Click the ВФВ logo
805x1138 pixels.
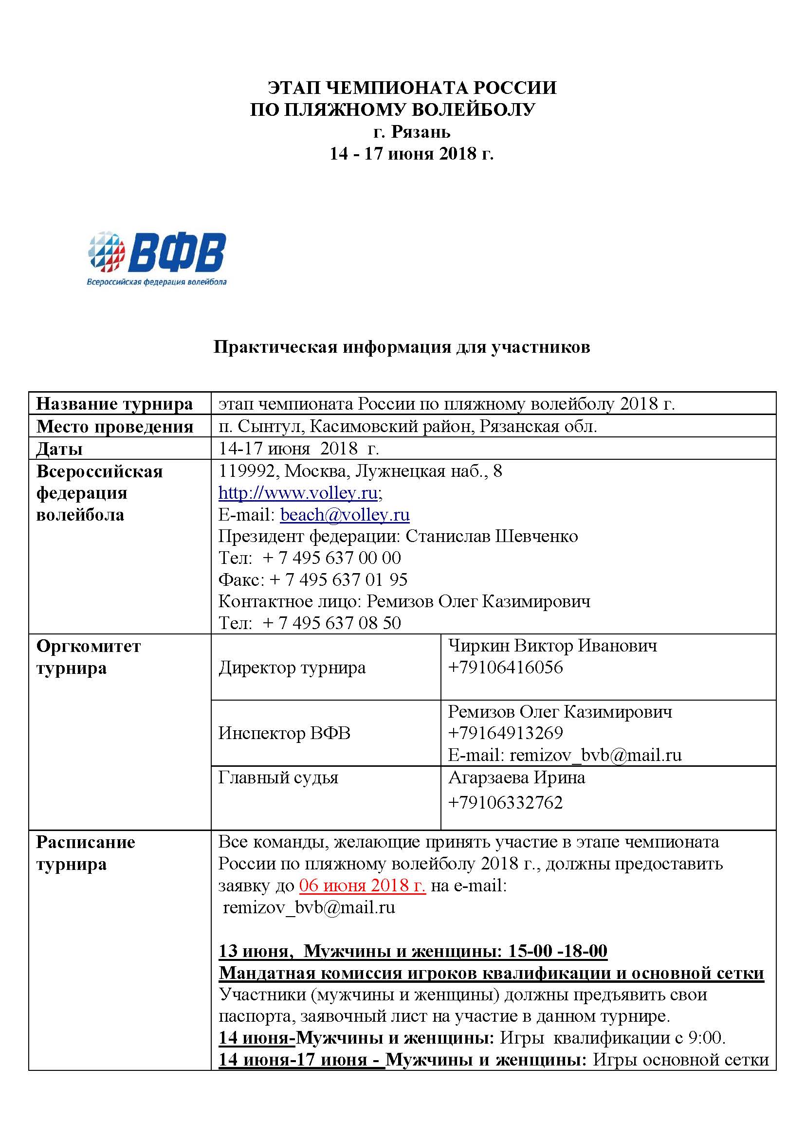coord(157,258)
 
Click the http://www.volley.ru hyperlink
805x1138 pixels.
coord(298,493)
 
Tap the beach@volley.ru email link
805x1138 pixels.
coord(345,515)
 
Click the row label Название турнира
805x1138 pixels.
coord(114,404)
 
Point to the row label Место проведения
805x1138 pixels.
coord(114,426)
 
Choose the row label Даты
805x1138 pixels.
coord(59,449)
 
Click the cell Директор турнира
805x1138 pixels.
coord(292,668)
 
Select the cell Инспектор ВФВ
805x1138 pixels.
coord(284,733)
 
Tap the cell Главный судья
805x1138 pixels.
coord(278,777)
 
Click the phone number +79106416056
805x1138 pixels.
coord(505,667)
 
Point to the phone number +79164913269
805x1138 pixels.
coord(505,733)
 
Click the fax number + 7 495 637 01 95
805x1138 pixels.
coord(339,579)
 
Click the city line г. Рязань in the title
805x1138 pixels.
coord(411,132)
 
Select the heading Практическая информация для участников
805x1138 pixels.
coord(402,347)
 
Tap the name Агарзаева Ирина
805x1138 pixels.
coord(516,777)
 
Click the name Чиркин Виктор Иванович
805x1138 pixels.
coord(553,646)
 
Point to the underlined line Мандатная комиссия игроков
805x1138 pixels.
coord(491,973)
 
